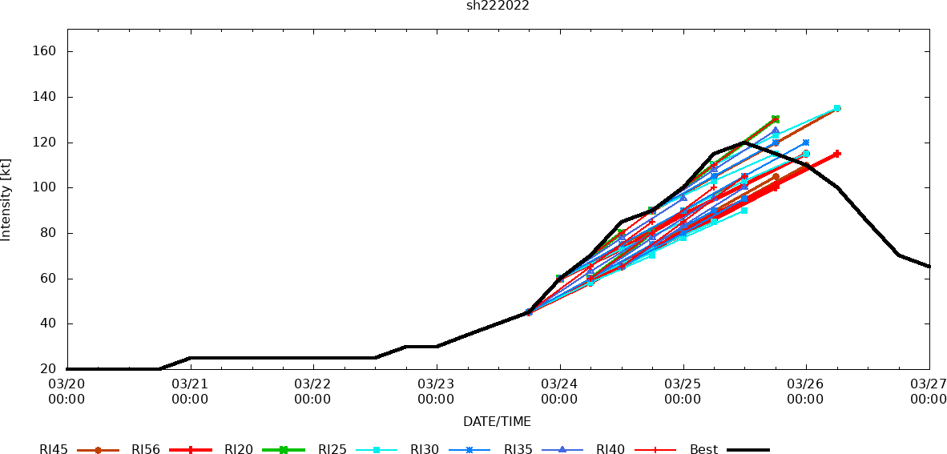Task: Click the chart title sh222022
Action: pyautogui.click(x=498, y=6)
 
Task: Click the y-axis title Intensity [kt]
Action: pyautogui.click(x=6, y=200)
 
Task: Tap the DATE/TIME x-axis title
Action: pyautogui.click(x=497, y=422)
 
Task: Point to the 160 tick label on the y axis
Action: pyautogui.click(x=44, y=51)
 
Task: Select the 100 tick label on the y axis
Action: pyautogui.click(x=44, y=187)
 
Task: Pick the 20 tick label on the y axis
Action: pyautogui.click(x=47, y=369)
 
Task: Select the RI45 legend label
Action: pyautogui.click(x=54, y=450)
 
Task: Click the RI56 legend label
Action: pyautogui.click(x=146, y=450)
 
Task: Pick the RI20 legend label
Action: pyautogui.click(x=239, y=450)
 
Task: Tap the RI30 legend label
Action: pyautogui.click(x=425, y=450)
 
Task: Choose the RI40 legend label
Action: pyautogui.click(x=611, y=450)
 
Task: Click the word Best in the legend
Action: pyautogui.click(x=703, y=450)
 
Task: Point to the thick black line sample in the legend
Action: pyautogui.click(x=748, y=450)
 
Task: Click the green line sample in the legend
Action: pyautogui.click(x=284, y=450)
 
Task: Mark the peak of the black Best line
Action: pyautogui.click(x=744, y=142)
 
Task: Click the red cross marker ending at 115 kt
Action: pyautogui.click(x=836, y=154)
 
